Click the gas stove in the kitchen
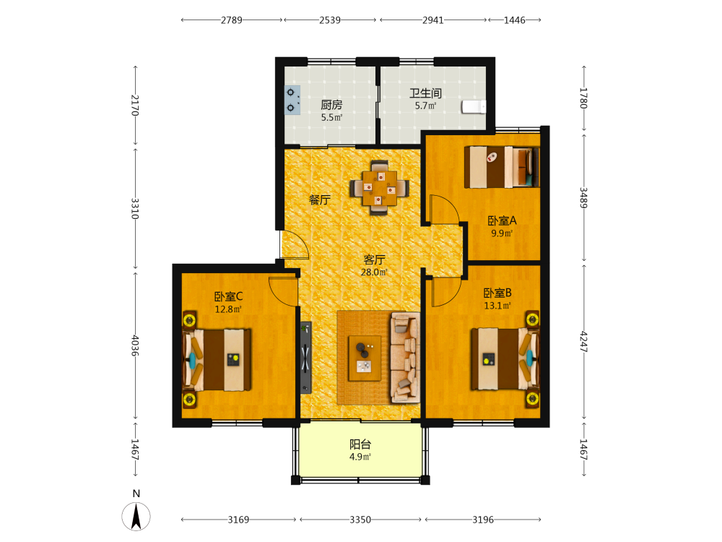(x=292, y=100)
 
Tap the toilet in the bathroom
(x=474, y=106)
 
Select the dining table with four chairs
(x=379, y=188)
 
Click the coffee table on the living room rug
(x=365, y=358)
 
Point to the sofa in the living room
(x=405, y=358)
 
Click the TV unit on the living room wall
(x=305, y=357)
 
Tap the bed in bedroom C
(x=217, y=359)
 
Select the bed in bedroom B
(x=505, y=358)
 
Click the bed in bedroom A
(x=502, y=167)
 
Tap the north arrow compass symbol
(x=136, y=516)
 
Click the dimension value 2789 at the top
(x=232, y=20)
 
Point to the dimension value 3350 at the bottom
(x=360, y=520)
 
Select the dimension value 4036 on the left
(x=135, y=345)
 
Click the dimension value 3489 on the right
(x=583, y=197)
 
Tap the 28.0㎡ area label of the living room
(x=374, y=272)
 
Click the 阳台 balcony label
(x=360, y=444)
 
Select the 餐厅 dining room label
(x=320, y=199)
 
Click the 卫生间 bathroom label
(x=426, y=93)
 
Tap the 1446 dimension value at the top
(x=514, y=20)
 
